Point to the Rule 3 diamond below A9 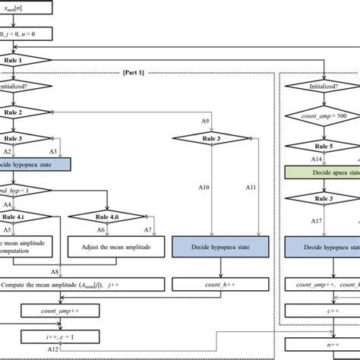pyautogui.click(x=221, y=138)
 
